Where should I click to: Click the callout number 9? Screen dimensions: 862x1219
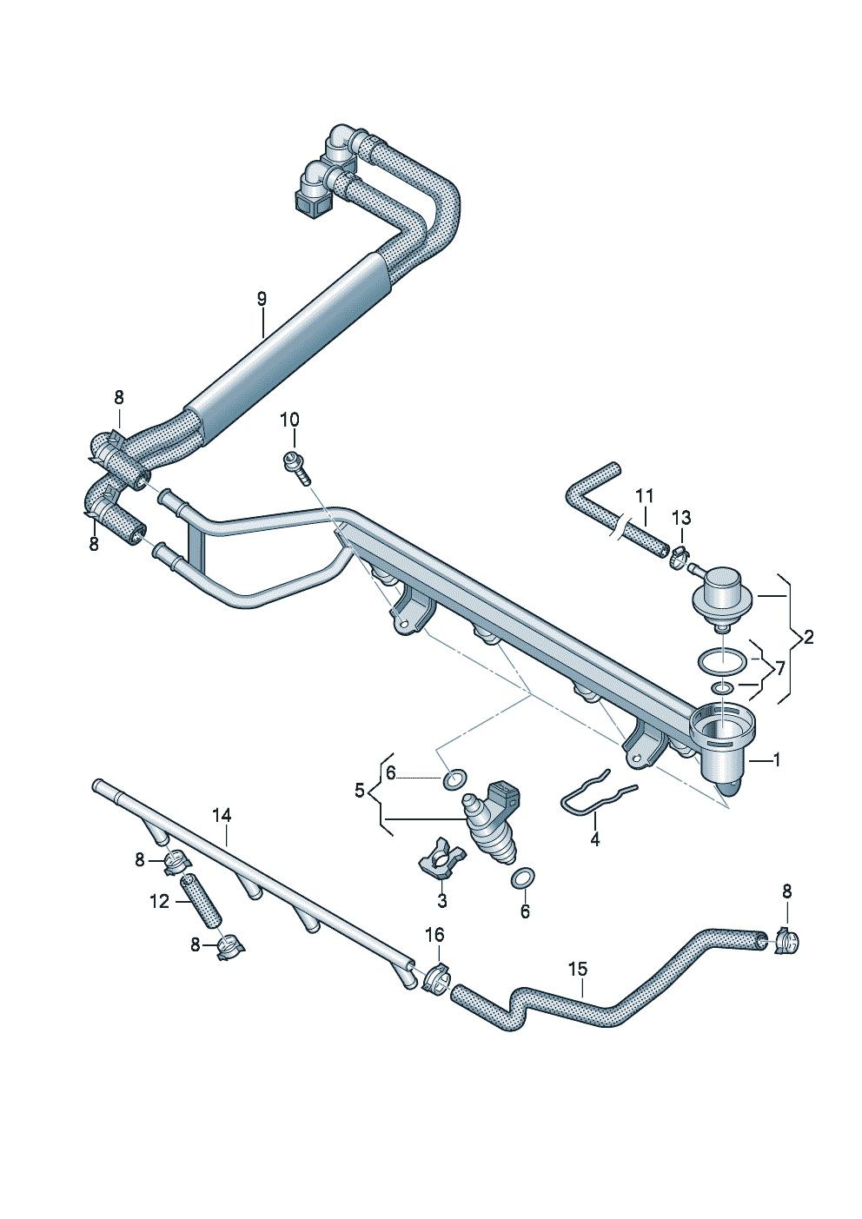coord(262,299)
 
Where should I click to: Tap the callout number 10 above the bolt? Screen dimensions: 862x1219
coord(289,420)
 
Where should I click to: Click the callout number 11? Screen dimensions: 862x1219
coord(644,496)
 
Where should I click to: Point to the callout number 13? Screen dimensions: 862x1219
coord(682,518)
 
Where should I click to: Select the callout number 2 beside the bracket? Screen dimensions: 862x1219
coord(809,637)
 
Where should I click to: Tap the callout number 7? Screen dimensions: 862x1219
coord(779,668)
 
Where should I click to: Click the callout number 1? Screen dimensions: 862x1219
coord(777,759)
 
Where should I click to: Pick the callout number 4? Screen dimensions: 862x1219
coord(595,854)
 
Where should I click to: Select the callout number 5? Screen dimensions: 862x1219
coord(360,790)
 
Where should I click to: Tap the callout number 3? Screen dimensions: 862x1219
coord(442,901)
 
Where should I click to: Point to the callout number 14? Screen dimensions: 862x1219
coord(222,815)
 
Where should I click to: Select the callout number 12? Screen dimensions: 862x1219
coord(159,902)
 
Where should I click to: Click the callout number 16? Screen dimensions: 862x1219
coord(434,935)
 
